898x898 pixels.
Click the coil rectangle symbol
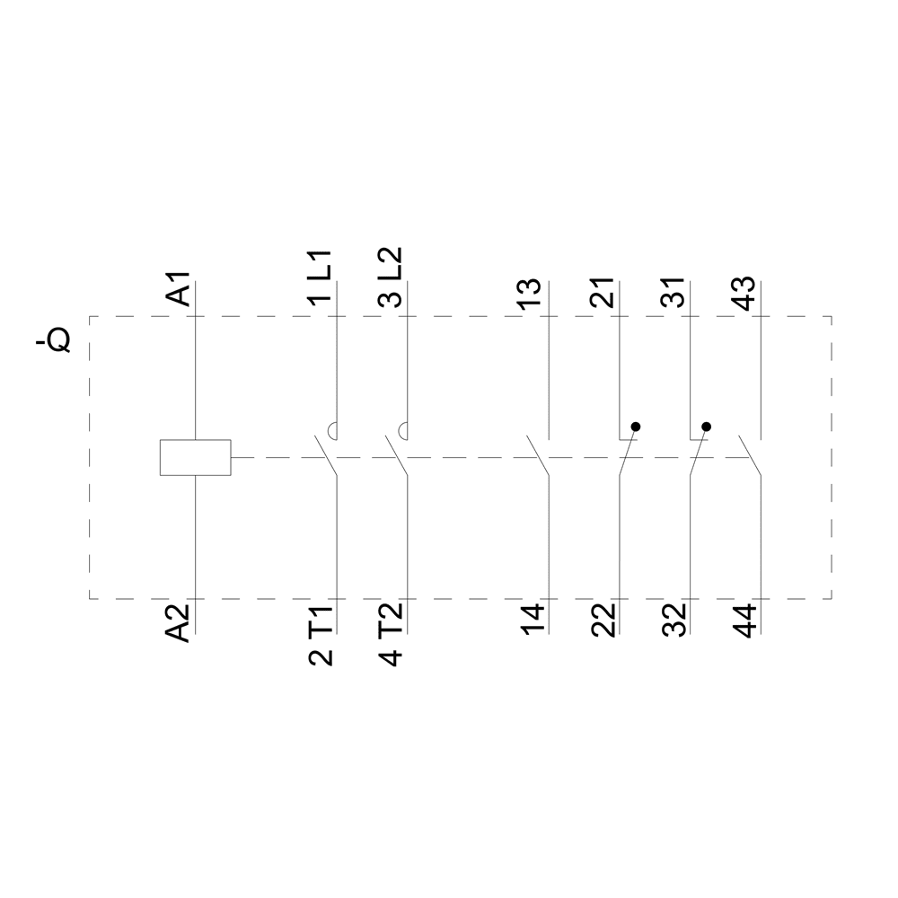tap(195, 458)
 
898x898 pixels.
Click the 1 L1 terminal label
tap(321, 277)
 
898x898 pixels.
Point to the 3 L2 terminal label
tap(392, 277)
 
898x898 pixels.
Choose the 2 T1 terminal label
tap(321, 635)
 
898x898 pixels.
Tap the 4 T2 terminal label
tap(392, 635)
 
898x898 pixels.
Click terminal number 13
tap(531, 294)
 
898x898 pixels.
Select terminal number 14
tap(532, 620)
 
